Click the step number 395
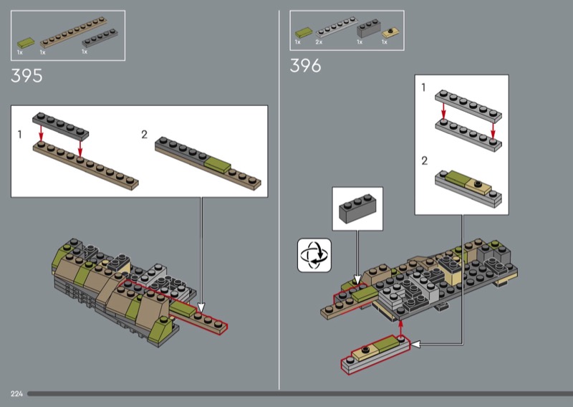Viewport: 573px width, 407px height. [x=27, y=76]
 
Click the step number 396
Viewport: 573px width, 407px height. [x=306, y=66]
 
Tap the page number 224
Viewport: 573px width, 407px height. [x=16, y=393]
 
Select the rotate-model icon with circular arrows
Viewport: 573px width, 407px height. [x=314, y=255]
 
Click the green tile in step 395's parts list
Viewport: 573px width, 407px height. [x=26, y=43]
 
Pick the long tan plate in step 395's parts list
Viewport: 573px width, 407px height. [x=74, y=32]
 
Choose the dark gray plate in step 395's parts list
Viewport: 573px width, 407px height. [x=100, y=38]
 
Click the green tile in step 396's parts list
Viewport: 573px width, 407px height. [x=304, y=32]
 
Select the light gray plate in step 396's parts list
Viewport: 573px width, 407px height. [x=337, y=27]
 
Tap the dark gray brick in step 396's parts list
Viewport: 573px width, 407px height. [x=369, y=28]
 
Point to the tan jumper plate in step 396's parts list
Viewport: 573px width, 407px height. [x=391, y=33]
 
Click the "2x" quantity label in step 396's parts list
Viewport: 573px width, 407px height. [x=319, y=42]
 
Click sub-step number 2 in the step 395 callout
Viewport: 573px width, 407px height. [x=145, y=135]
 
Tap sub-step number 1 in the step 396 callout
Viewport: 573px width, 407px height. [x=423, y=87]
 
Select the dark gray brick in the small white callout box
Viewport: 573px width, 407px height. [x=357, y=208]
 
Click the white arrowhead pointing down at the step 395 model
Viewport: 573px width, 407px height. [x=201, y=307]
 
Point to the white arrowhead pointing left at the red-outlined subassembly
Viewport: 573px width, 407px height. [x=416, y=344]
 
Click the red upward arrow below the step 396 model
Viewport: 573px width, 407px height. [x=401, y=329]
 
